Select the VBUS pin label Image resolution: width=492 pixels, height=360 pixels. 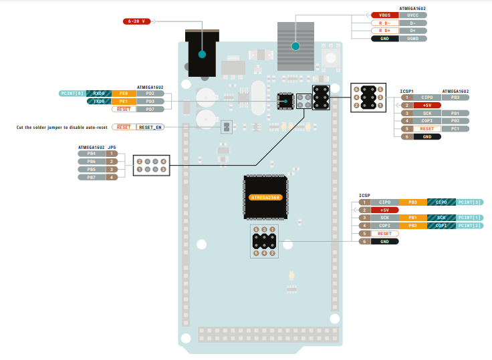[x=384, y=15]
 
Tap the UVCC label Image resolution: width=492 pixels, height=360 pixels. [x=412, y=15]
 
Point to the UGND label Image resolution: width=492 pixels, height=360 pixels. [x=412, y=39]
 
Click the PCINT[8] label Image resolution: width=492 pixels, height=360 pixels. [x=72, y=94]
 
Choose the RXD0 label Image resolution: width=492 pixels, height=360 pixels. [x=99, y=94]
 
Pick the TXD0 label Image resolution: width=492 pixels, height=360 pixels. [x=99, y=101]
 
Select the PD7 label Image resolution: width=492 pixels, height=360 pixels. [x=150, y=109]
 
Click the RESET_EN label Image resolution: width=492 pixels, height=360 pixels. [x=150, y=126]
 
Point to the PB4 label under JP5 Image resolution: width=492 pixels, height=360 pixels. [x=92, y=154]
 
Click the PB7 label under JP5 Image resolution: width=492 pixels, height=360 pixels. [x=92, y=177]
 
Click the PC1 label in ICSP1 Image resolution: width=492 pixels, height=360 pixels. [x=455, y=128]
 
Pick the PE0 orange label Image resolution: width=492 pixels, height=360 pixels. [x=124, y=94]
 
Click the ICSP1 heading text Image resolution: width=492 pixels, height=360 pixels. [x=407, y=91]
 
